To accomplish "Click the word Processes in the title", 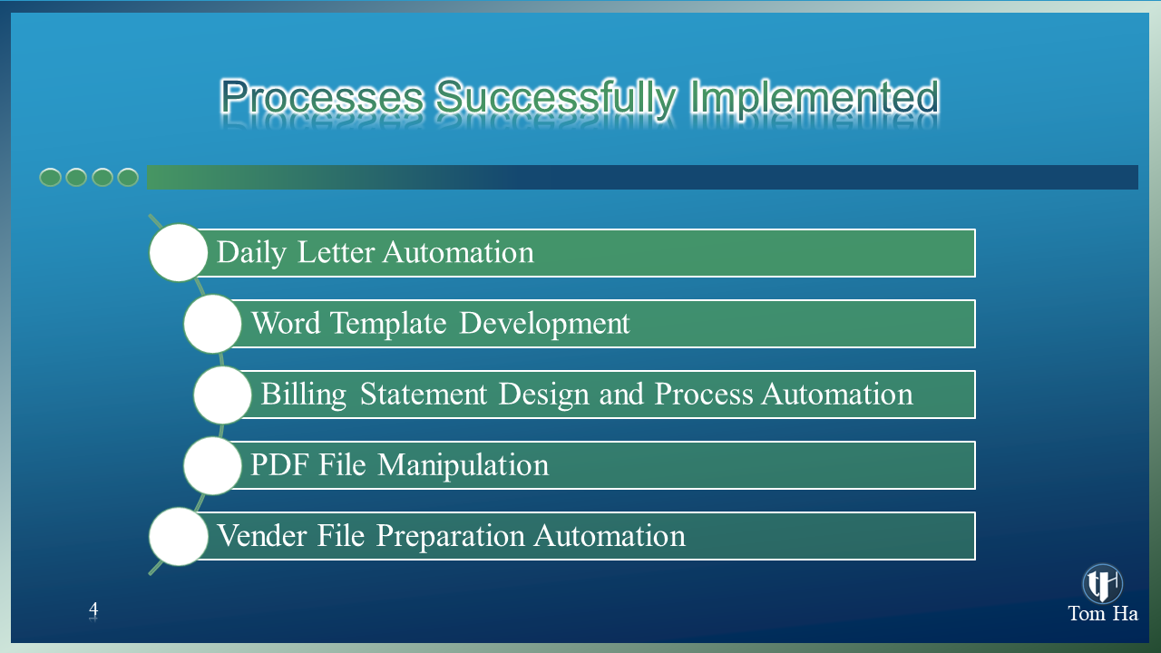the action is [x=322, y=96].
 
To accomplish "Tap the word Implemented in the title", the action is [x=815, y=98].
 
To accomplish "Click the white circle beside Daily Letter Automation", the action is [x=179, y=252].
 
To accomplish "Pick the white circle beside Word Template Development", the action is [x=212, y=324].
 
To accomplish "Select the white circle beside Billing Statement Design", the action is [x=223, y=395].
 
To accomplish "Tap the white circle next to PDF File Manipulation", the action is [x=212, y=465].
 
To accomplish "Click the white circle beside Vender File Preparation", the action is [x=179, y=536].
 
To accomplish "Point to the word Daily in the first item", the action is [x=251, y=253].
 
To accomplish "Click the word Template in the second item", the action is [x=388, y=324].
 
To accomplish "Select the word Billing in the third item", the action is [x=303, y=395].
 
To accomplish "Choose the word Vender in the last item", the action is [x=262, y=535].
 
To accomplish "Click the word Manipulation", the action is [x=463, y=465].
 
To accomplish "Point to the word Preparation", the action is [x=451, y=536].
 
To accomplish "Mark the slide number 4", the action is [x=93, y=609].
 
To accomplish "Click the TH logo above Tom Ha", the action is [x=1102, y=583].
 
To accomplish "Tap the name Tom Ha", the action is [x=1103, y=614].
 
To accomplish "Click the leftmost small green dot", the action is [x=50, y=177].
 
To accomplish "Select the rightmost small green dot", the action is [x=128, y=177].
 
